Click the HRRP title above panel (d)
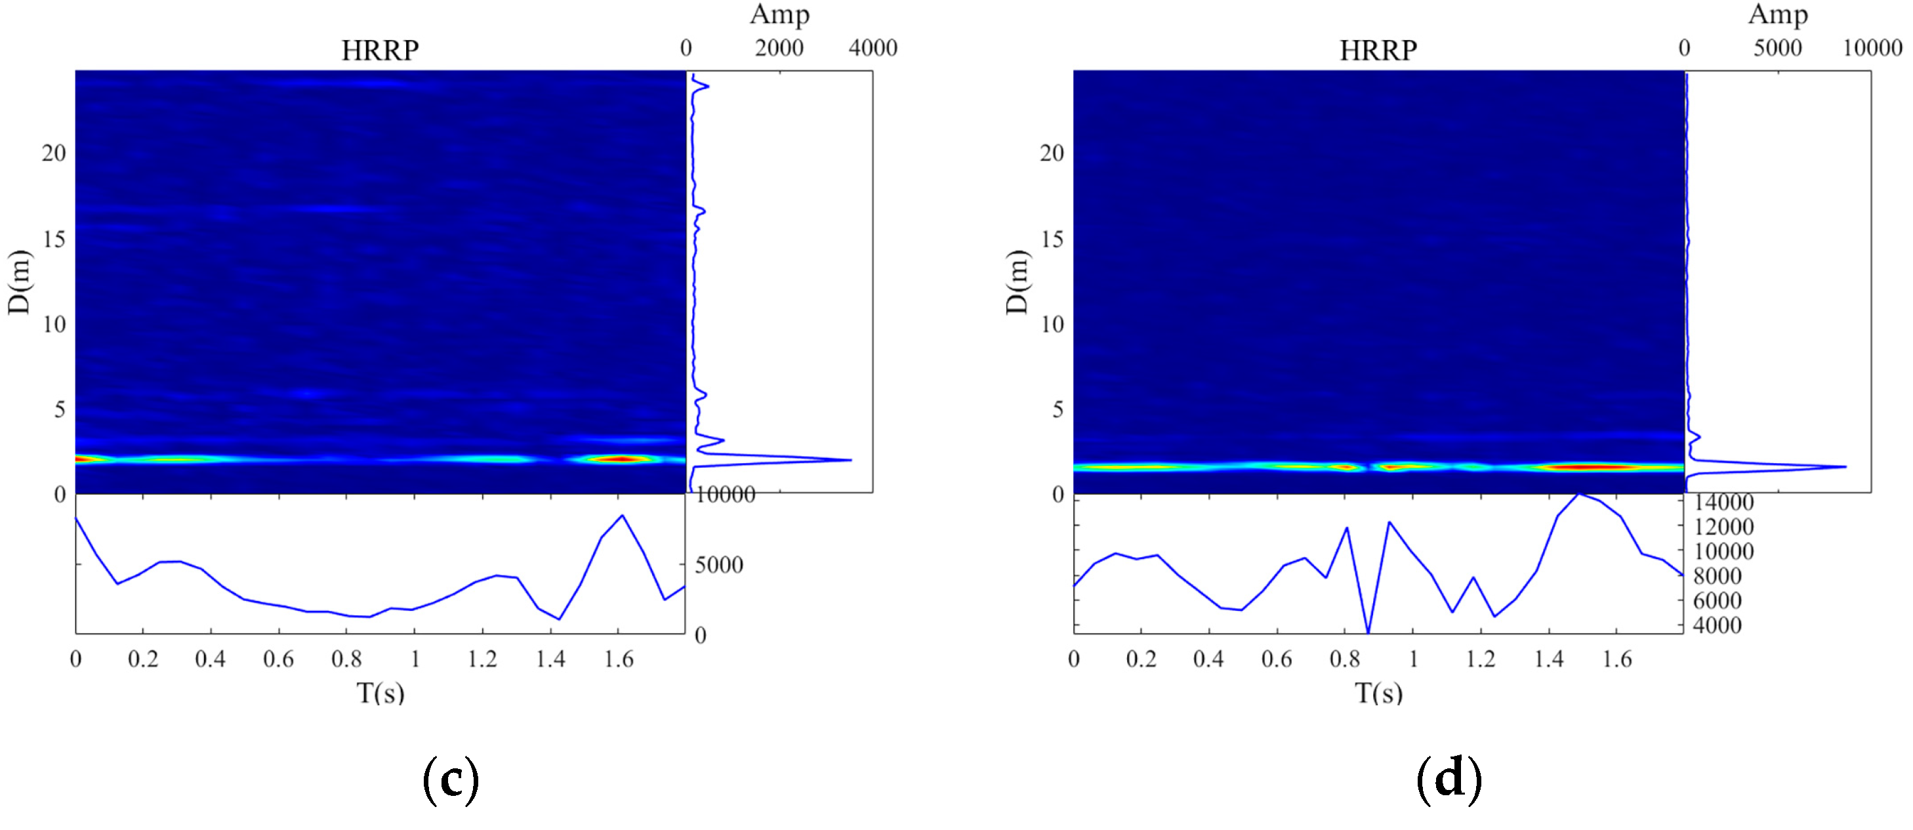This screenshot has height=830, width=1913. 1378,51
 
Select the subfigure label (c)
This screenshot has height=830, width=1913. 450,779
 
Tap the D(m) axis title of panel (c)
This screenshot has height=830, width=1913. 19,282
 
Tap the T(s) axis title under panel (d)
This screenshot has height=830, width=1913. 1378,693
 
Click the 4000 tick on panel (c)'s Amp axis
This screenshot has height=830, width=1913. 873,49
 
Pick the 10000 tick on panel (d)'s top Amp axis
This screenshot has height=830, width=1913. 1872,49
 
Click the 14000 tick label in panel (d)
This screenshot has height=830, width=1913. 1723,503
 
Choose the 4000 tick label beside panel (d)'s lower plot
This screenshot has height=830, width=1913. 1717,626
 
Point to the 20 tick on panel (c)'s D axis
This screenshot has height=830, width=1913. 54,154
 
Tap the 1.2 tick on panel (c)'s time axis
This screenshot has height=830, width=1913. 482,659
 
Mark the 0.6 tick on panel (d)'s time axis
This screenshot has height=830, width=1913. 1276,659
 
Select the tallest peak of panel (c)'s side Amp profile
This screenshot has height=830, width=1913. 850,461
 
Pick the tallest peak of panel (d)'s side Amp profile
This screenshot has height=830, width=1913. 1845,467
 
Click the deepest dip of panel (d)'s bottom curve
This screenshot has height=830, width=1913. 1368,632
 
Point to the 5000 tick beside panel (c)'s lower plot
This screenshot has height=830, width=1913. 718,566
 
